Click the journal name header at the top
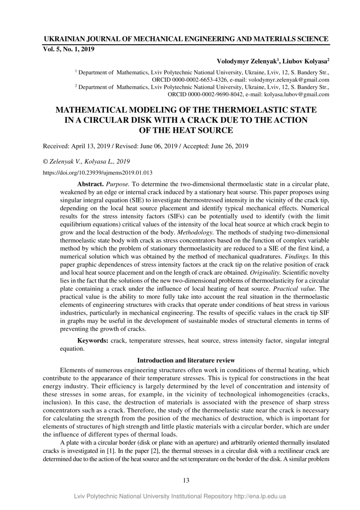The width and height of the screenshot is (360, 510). coord(186,39)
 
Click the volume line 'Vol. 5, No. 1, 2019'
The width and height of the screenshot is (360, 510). coord(69,49)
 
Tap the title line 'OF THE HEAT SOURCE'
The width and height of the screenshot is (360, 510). coord(187,130)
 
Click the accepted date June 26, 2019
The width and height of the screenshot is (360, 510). coord(227,146)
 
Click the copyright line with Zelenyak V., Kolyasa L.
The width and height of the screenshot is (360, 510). coord(86,161)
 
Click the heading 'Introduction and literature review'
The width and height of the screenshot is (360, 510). coord(186,360)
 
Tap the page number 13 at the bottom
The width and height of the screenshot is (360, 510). coord(186,480)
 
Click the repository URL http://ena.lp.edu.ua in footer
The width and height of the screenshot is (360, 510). coord(260,496)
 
